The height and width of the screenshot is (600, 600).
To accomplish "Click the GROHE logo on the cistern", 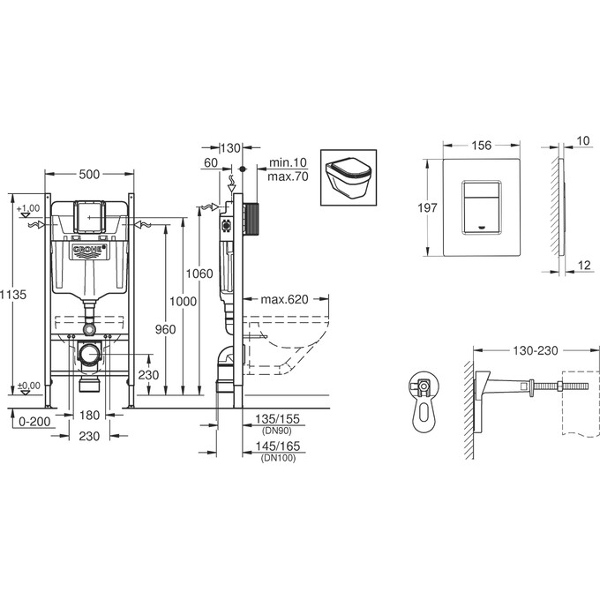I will click(x=88, y=251).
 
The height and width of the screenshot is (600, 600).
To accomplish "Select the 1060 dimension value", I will click(x=201, y=274).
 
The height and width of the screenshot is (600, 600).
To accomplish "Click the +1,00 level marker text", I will click(x=29, y=207).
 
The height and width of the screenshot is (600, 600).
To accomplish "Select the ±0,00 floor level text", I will click(x=29, y=386).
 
